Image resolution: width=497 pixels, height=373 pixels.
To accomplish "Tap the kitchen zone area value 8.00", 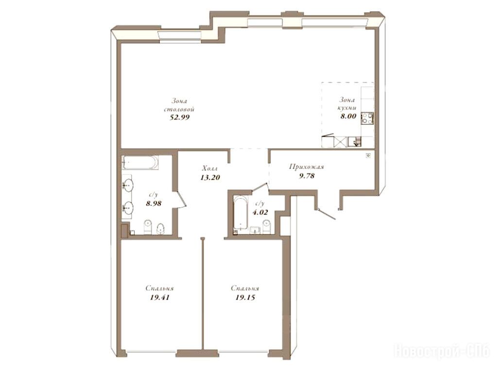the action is click(x=348, y=116).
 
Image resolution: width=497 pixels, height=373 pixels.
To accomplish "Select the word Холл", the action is click(x=210, y=168).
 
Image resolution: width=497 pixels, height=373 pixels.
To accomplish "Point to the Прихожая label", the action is click(x=306, y=167).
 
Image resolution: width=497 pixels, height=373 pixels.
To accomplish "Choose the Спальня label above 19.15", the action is click(x=245, y=288).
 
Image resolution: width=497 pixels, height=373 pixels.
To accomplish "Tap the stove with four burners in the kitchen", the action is click(x=367, y=118).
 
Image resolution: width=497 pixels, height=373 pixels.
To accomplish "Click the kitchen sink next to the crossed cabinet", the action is click(x=354, y=142).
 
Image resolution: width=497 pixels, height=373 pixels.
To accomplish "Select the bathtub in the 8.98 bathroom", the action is click(x=140, y=163).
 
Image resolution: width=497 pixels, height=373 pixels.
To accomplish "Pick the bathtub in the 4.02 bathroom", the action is click(x=240, y=213).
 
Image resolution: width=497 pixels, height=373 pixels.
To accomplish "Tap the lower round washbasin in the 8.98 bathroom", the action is click(x=128, y=207).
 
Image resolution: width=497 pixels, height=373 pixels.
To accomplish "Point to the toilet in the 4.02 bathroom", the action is click(x=267, y=227).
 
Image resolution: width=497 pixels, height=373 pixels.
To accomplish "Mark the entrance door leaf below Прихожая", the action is click(x=326, y=214).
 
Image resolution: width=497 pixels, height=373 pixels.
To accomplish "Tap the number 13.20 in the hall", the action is click(x=210, y=177).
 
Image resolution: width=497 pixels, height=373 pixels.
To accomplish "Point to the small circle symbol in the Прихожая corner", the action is click(x=368, y=155).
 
